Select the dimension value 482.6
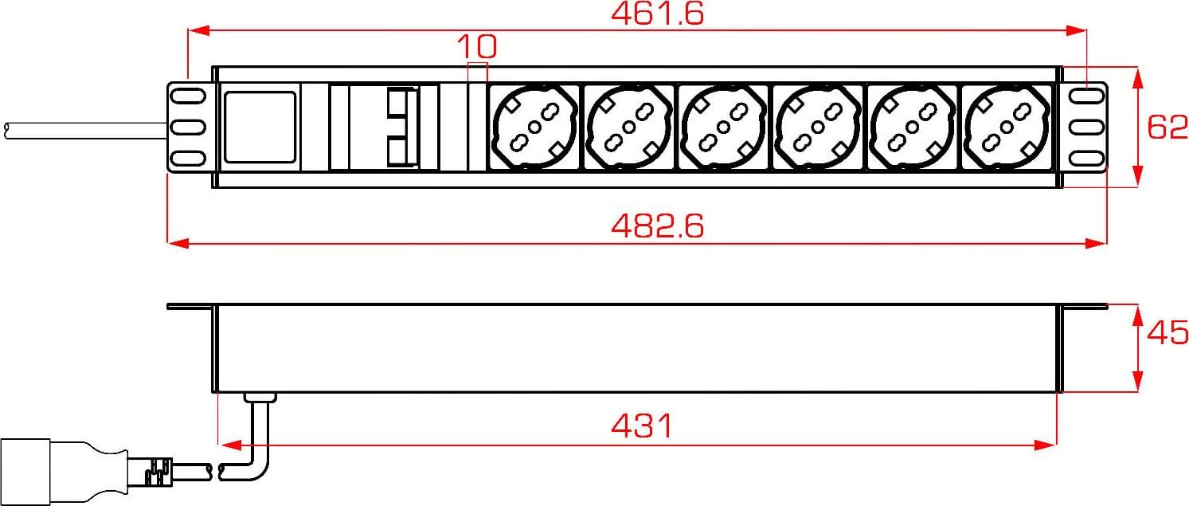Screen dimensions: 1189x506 pyautogui.click(x=657, y=226)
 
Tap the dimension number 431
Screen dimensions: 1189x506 pyautogui.click(x=642, y=426)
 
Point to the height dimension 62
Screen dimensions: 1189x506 pyautogui.click(x=1167, y=127)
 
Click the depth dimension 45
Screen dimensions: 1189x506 pyautogui.click(x=1167, y=333)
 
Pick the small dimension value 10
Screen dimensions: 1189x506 pyautogui.click(x=477, y=46)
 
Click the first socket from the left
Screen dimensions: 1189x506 pyautogui.click(x=535, y=127)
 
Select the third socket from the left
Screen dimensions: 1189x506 pyautogui.click(x=723, y=127)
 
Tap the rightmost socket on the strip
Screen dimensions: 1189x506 pyautogui.click(x=1007, y=127)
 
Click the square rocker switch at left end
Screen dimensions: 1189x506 pyautogui.click(x=260, y=127)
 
